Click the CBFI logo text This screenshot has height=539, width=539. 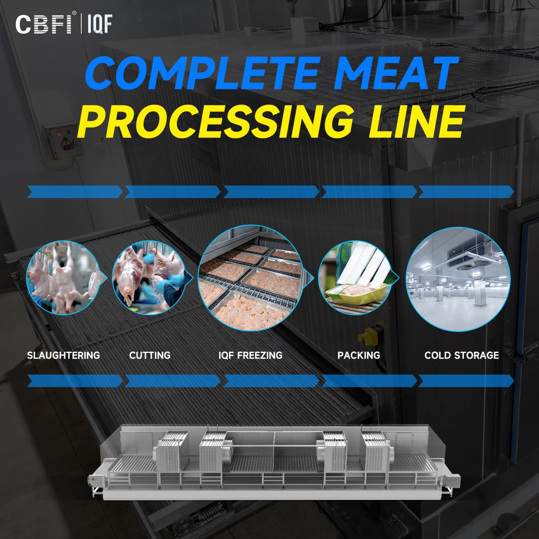[x=44, y=24]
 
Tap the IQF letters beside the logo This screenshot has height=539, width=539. [x=100, y=24]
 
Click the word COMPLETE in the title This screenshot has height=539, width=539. [x=201, y=73]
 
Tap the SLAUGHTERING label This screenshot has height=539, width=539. [x=63, y=355]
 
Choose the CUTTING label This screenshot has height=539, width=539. [x=150, y=355]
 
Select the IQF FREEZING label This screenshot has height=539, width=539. [x=250, y=355]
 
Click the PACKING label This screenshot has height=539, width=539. [x=358, y=355]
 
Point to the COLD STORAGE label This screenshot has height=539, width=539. [x=462, y=355]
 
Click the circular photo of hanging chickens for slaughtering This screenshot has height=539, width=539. [x=64, y=278]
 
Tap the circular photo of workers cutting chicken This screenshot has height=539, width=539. [x=150, y=278]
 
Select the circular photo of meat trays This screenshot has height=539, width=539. [x=252, y=278]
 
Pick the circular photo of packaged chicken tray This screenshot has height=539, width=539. [x=356, y=278]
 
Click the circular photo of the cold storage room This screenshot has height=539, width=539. [x=458, y=279]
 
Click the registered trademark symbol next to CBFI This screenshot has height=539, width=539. [x=74, y=13]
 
